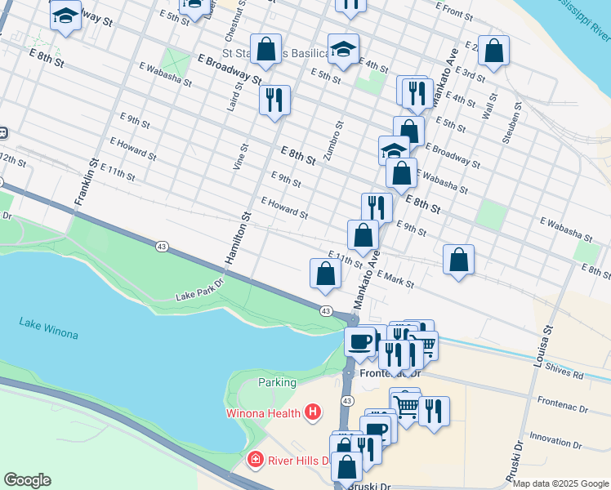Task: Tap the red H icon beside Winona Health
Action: (x=311, y=412)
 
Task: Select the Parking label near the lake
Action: (x=277, y=382)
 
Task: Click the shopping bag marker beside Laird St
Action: (x=265, y=49)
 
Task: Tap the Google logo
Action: (x=27, y=480)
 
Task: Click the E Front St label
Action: (x=454, y=10)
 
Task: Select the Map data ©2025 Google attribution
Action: (x=560, y=483)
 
